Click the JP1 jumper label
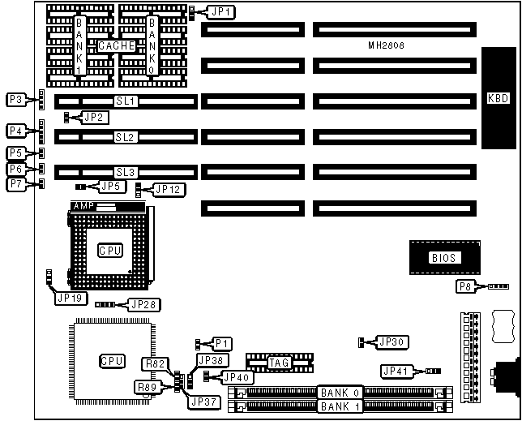(221, 12)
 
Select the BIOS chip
(443, 258)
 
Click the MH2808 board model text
(385, 46)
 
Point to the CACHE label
(116, 46)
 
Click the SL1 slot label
(126, 101)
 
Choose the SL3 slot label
(126, 172)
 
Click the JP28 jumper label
(143, 305)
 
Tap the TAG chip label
(279, 363)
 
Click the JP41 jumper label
(397, 372)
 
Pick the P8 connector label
(464, 286)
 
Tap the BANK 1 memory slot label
(340, 405)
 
